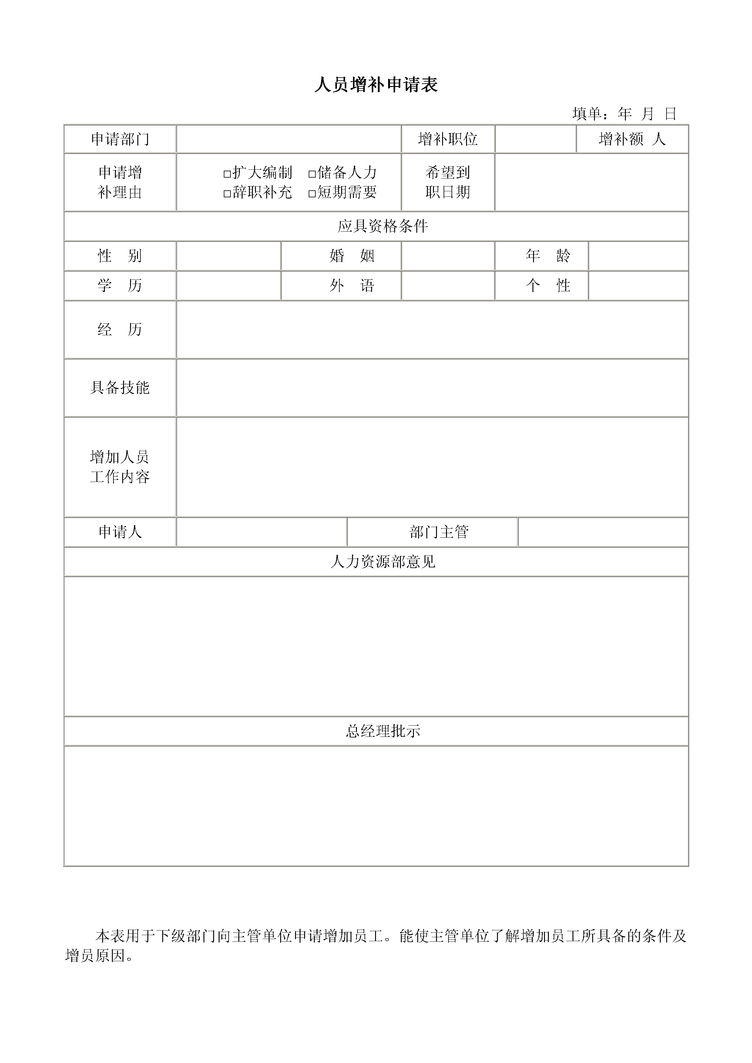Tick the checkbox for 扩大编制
point(227,174)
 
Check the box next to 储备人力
point(312,174)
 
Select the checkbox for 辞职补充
point(227,193)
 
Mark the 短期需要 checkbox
point(312,193)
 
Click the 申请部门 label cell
point(120,139)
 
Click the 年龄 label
point(548,256)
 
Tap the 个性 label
point(548,285)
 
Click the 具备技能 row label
point(120,387)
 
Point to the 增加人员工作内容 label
point(120,467)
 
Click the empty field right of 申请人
point(262,532)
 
